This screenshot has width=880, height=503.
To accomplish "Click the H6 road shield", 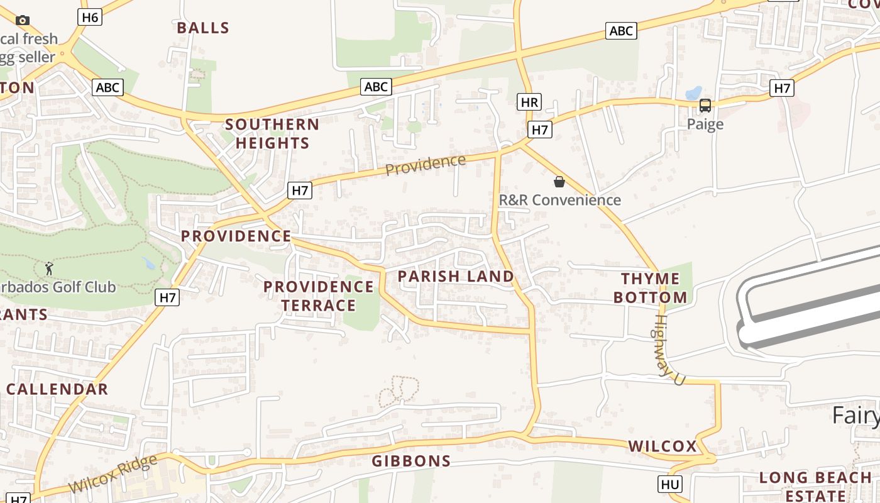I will (90, 17).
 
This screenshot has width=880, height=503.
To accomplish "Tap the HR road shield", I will (530, 102).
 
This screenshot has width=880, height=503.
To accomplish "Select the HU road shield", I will (670, 484).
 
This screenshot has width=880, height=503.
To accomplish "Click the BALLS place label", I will (203, 28).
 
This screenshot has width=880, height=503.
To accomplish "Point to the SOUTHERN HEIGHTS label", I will (272, 133).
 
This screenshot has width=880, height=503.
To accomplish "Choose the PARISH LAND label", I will (456, 276).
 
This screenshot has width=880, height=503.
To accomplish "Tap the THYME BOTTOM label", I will (651, 288).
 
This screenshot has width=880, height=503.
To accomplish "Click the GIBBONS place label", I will (411, 461).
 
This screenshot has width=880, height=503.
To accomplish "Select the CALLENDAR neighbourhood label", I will (57, 389).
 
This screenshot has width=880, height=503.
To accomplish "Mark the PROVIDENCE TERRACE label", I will (319, 296).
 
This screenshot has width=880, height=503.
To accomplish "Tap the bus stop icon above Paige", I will (705, 106).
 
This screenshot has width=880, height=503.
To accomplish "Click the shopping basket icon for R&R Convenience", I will (559, 182).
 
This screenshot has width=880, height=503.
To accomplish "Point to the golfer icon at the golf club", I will (50, 269).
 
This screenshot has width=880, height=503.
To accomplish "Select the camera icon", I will (23, 21).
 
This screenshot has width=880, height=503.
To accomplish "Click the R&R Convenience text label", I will (559, 200).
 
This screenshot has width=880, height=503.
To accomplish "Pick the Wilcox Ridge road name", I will (113, 474).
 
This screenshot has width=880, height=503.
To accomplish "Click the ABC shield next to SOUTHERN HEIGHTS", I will (376, 87).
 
